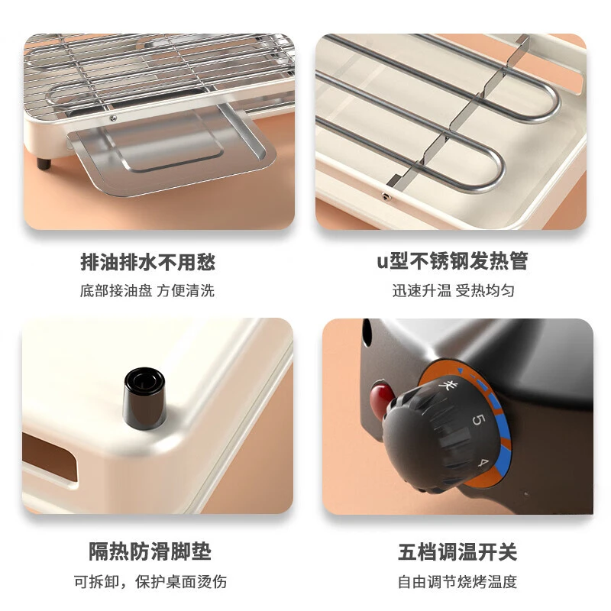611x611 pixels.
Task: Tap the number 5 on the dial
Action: pyautogui.click(x=479, y=419)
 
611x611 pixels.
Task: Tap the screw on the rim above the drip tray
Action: pyautogui.click(x=113, y=118)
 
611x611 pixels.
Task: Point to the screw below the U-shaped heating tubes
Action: pyautogui.click(x=385, y=196)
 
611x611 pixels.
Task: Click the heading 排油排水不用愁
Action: pyautogui.click(x=147, y=263)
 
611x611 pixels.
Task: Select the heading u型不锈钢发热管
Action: pyautogui.click(x=452, y=263)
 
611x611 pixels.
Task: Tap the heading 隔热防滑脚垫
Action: pyautogui.click(x=147, y=551)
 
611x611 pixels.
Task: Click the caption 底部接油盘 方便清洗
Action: pyautogui.click(x=147, y=291)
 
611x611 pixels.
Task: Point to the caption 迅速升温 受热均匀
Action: pyautogui.click(x=454, y=291)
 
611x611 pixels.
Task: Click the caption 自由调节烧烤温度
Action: pyautogui.click(x=457, y=580)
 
